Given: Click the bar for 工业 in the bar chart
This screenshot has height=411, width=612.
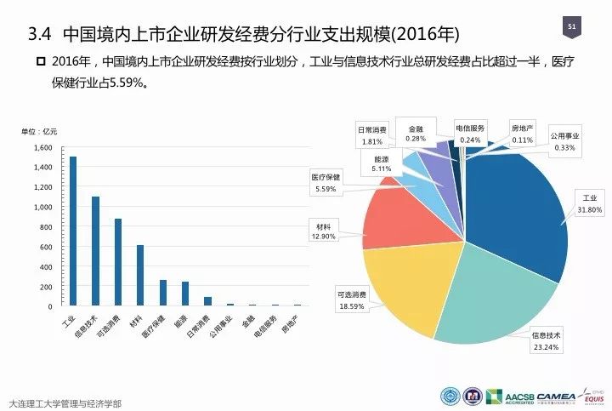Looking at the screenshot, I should click(73, 231).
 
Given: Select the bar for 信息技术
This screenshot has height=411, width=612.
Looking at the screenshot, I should click(96, 251).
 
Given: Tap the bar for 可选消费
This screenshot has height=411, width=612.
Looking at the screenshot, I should click(118, 262).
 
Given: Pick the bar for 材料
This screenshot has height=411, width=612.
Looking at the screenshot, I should click(140, 275).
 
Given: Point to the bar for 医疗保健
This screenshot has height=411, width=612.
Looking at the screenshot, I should click(163, 293).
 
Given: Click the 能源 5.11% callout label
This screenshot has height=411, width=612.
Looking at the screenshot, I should click(382, 163).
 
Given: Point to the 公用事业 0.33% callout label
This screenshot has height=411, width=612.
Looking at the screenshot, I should click(564, 141).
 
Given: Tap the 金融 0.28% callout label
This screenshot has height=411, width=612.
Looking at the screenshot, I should click(416, 133).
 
